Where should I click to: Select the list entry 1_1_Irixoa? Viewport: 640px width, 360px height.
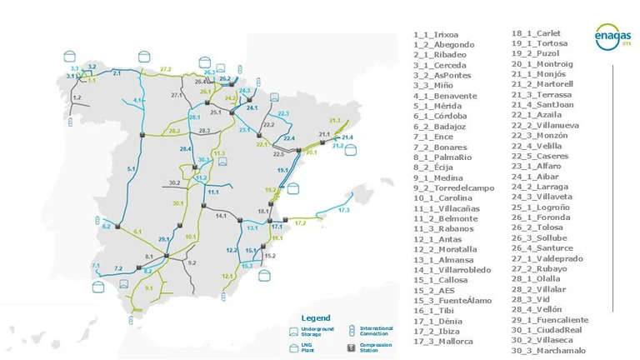436,34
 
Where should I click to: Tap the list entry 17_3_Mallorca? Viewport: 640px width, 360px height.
443,341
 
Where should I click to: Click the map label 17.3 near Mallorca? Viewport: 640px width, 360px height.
344,210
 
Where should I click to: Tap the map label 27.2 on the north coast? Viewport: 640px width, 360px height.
165,68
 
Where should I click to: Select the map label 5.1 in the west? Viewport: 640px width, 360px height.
131,168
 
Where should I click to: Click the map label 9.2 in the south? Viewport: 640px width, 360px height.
192,262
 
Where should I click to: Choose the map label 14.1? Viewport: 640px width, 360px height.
221,215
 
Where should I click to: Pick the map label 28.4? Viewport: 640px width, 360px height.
185,148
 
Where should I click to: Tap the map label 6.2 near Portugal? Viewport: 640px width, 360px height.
106,226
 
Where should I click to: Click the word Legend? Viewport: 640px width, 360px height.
315,317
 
